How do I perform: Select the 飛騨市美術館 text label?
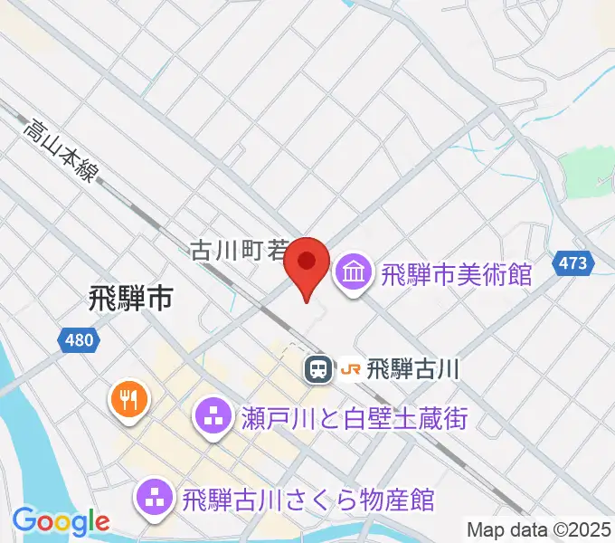tap(456, 271)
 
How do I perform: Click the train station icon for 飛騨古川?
tap(317, 369)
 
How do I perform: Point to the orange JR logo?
tap(349, 369)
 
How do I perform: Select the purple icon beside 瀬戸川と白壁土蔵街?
tap(214, 417)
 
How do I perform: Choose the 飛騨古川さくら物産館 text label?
tap(308, 499)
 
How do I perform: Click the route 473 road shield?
tap(578, 263)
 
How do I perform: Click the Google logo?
tap(61, 521)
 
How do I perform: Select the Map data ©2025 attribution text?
tap(538, 529)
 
